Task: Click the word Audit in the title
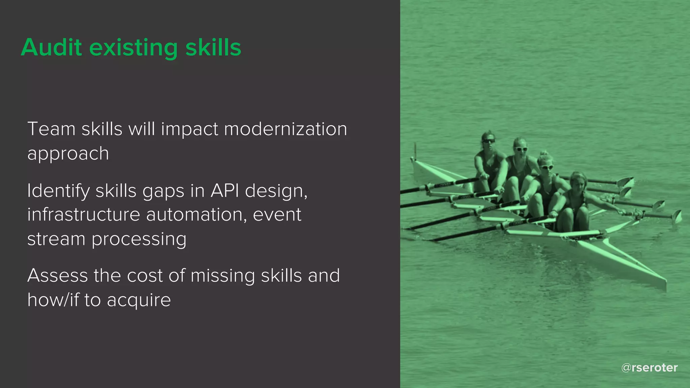[51, 47]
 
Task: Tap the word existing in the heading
[133, 48]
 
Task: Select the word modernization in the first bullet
[285, 129]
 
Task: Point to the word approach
[68, 154]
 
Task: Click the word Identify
[58, 191]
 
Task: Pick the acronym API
[225, 191]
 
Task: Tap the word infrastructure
[84, 215]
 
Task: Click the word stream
[56, 239]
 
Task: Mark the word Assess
[57, 276]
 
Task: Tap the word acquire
[139, 300]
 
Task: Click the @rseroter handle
[649, 367]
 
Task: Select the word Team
[51, 129]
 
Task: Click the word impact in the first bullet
[190, 129]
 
